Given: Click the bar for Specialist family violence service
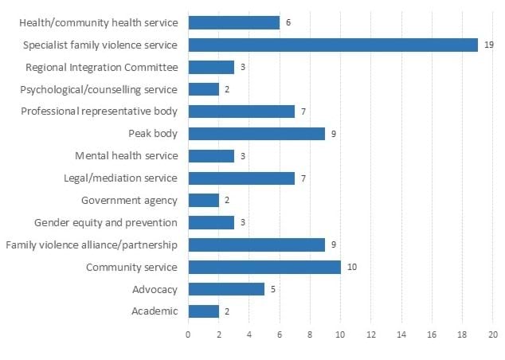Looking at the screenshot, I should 333,45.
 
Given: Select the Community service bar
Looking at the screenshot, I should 264,267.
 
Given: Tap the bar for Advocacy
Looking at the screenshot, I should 226,289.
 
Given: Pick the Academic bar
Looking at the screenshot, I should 203,311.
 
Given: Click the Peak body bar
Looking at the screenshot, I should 256,134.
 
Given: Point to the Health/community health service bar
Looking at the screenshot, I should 233,22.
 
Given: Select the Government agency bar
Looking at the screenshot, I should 203,200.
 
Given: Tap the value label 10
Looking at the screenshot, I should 352,267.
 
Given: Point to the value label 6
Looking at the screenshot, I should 288,23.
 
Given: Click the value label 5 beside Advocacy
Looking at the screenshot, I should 272,289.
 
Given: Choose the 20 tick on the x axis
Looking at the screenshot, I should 493,335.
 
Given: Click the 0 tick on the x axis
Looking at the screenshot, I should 188,335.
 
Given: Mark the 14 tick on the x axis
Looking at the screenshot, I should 401,335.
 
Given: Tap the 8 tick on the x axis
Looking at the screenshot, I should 310,335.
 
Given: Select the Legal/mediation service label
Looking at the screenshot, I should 119,178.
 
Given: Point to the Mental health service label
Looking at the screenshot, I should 127,155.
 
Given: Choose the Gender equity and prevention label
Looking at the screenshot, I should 106,222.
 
